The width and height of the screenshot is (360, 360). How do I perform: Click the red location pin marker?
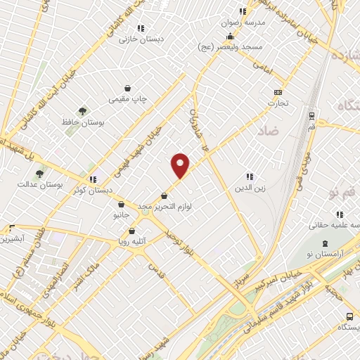(x=181, y=165)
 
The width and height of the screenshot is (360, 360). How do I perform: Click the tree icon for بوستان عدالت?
(x=40, y=173)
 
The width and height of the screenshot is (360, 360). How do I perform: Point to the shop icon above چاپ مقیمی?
(x=127, y=89)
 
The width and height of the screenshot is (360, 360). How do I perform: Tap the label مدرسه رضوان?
(x=245, y=22)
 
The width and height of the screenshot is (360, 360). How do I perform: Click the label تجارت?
(x=278, y=103)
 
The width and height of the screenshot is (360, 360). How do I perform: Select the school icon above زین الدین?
(x=249, y=176)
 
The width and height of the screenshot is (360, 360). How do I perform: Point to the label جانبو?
(x=121, y=215)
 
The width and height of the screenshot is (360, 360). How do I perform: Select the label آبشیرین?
(x=13, y=238)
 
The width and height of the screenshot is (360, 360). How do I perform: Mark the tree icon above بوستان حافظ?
(x=83, y=111)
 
